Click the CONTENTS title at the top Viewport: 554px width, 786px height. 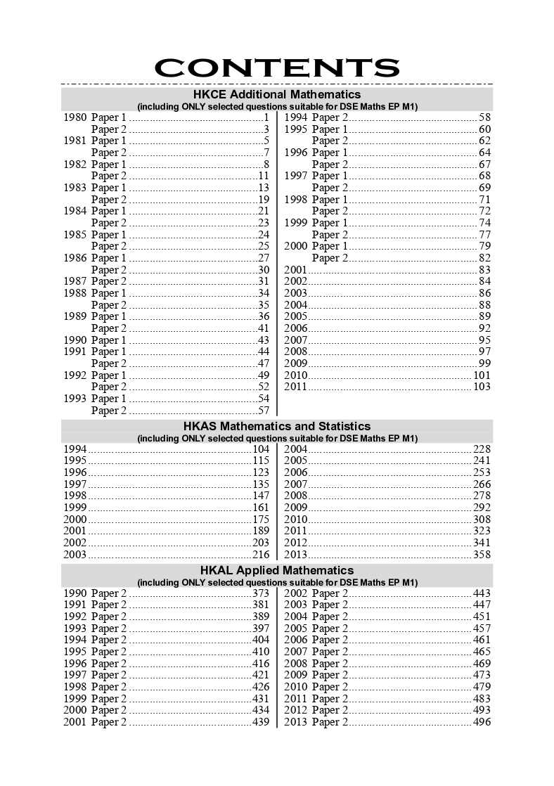pos(277,67)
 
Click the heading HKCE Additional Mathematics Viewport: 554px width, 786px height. pos(277,94)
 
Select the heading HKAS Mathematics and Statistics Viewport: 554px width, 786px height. pos(277,426)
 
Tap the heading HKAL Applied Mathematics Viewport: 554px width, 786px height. pos(277,570)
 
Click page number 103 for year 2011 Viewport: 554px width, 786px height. pos(482,387)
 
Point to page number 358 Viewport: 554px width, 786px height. pos(482,555)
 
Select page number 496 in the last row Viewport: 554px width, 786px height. pos(482,722)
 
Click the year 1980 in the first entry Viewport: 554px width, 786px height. pos(75,117)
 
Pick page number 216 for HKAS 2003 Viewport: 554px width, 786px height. pos(261,555)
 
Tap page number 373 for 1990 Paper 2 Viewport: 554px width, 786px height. pos(261,593)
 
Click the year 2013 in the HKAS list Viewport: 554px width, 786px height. pos(295,555)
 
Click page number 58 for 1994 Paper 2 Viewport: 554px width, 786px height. pos(484,117)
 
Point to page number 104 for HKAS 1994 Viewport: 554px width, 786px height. pos(261,449)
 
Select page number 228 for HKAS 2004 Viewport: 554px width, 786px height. pos(482,449)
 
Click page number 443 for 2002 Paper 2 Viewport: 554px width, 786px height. pos(482,593)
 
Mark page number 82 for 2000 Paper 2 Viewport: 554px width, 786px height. pos(484,258)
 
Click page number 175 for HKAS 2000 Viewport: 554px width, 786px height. pos(261,520)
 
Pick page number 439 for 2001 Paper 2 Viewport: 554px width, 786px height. pos(261,722)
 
